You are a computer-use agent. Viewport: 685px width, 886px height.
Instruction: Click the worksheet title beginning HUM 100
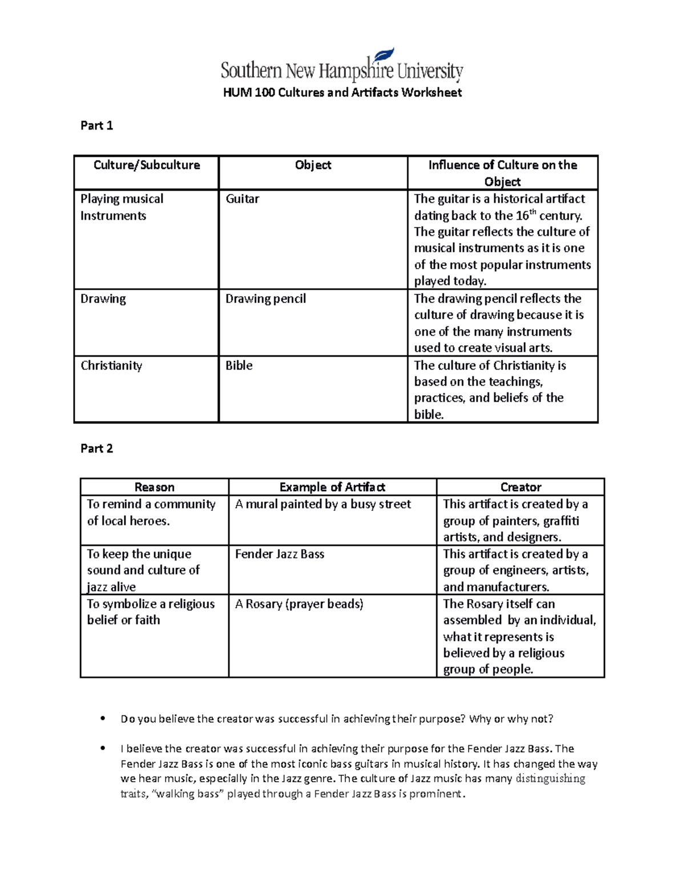(342, 92)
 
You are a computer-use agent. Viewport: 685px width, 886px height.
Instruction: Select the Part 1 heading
(96, 126)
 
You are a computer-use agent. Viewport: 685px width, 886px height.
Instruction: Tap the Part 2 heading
(96, 448)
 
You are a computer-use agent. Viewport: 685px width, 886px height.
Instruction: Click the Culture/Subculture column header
(147, 165)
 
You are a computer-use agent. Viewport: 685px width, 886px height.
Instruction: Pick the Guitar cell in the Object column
(242, 199)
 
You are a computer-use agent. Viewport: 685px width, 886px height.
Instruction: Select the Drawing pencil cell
(265, 299)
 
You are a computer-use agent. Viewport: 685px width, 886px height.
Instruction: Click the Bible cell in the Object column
(239, 366)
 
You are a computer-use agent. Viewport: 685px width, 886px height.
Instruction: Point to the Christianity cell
(111, 366)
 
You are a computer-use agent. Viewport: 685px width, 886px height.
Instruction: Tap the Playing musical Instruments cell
(122, 207)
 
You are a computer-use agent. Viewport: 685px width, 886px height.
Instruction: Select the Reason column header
(154, 487)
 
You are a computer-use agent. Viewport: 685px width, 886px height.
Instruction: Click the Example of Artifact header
(332, 487)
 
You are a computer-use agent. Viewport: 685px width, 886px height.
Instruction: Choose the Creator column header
(521, 487)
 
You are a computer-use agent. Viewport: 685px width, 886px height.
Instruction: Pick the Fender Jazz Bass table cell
(280, 554)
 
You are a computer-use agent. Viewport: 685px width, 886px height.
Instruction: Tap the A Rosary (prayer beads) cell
(299, 604)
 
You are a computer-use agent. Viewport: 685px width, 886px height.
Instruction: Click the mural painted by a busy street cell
(323, 504)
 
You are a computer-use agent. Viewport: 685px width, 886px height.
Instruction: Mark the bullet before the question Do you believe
(103, 718)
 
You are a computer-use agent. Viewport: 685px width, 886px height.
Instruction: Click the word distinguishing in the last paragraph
(550, 779)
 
